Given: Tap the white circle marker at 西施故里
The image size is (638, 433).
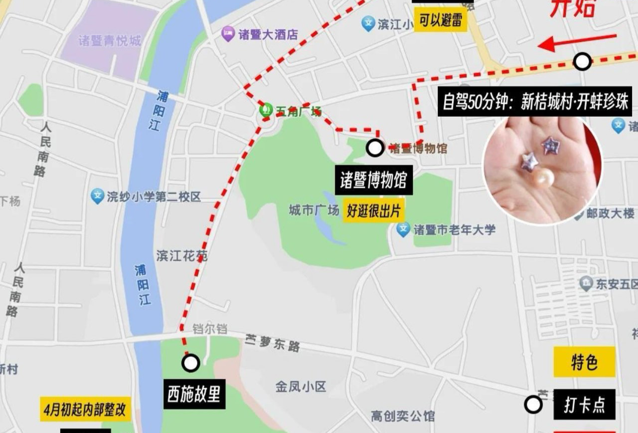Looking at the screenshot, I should click(190, 363).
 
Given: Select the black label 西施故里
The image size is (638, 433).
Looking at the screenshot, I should click(193, 395).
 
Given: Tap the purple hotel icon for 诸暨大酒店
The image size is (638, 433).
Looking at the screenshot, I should click(228, 34).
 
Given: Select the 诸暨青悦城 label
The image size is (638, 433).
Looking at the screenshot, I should click(110, 41).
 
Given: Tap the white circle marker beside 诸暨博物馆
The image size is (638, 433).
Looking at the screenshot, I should click(375, 148).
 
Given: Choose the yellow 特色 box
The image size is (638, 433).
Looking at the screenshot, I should click(584, 362).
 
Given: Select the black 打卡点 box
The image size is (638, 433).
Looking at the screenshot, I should click(584, 405).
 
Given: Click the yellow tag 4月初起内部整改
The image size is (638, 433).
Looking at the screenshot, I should click(86, 411).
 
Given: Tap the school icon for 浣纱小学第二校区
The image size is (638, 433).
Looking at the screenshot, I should click(97, 196).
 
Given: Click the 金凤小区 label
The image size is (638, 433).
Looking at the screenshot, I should click(301, 387).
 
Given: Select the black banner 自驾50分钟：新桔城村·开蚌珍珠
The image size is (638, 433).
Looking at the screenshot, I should click(534, 102).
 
